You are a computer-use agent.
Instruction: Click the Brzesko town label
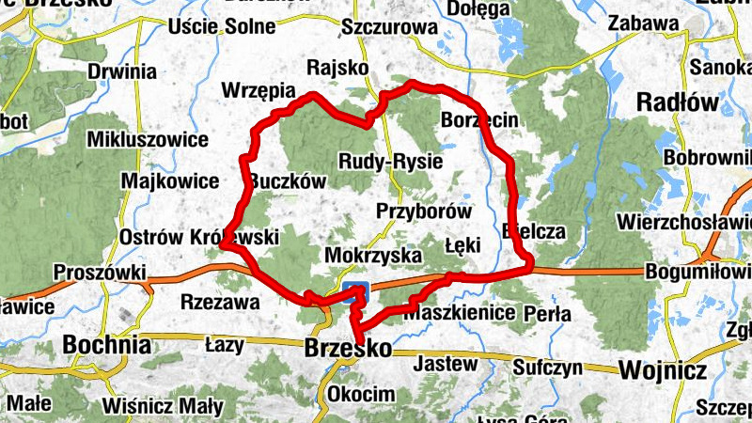(x=348, y=348)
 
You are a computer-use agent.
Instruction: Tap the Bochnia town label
(x=106, y=345)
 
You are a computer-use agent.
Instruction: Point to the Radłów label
(x=678, y=102)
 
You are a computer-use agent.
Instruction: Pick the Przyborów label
(x=424, y=211)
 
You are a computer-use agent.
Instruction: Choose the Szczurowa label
(x=390, y=27)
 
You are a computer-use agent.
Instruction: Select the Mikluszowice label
(x=147, y=140)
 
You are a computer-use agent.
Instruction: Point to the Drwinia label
(x=121, y=70)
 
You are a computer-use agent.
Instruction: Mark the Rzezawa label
(x=218, y=302)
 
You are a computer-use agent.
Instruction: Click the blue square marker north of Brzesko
(x=355, y=289)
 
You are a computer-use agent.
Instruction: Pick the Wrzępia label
(x=257, y=90)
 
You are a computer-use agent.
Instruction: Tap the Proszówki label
(x=100, y=273)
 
